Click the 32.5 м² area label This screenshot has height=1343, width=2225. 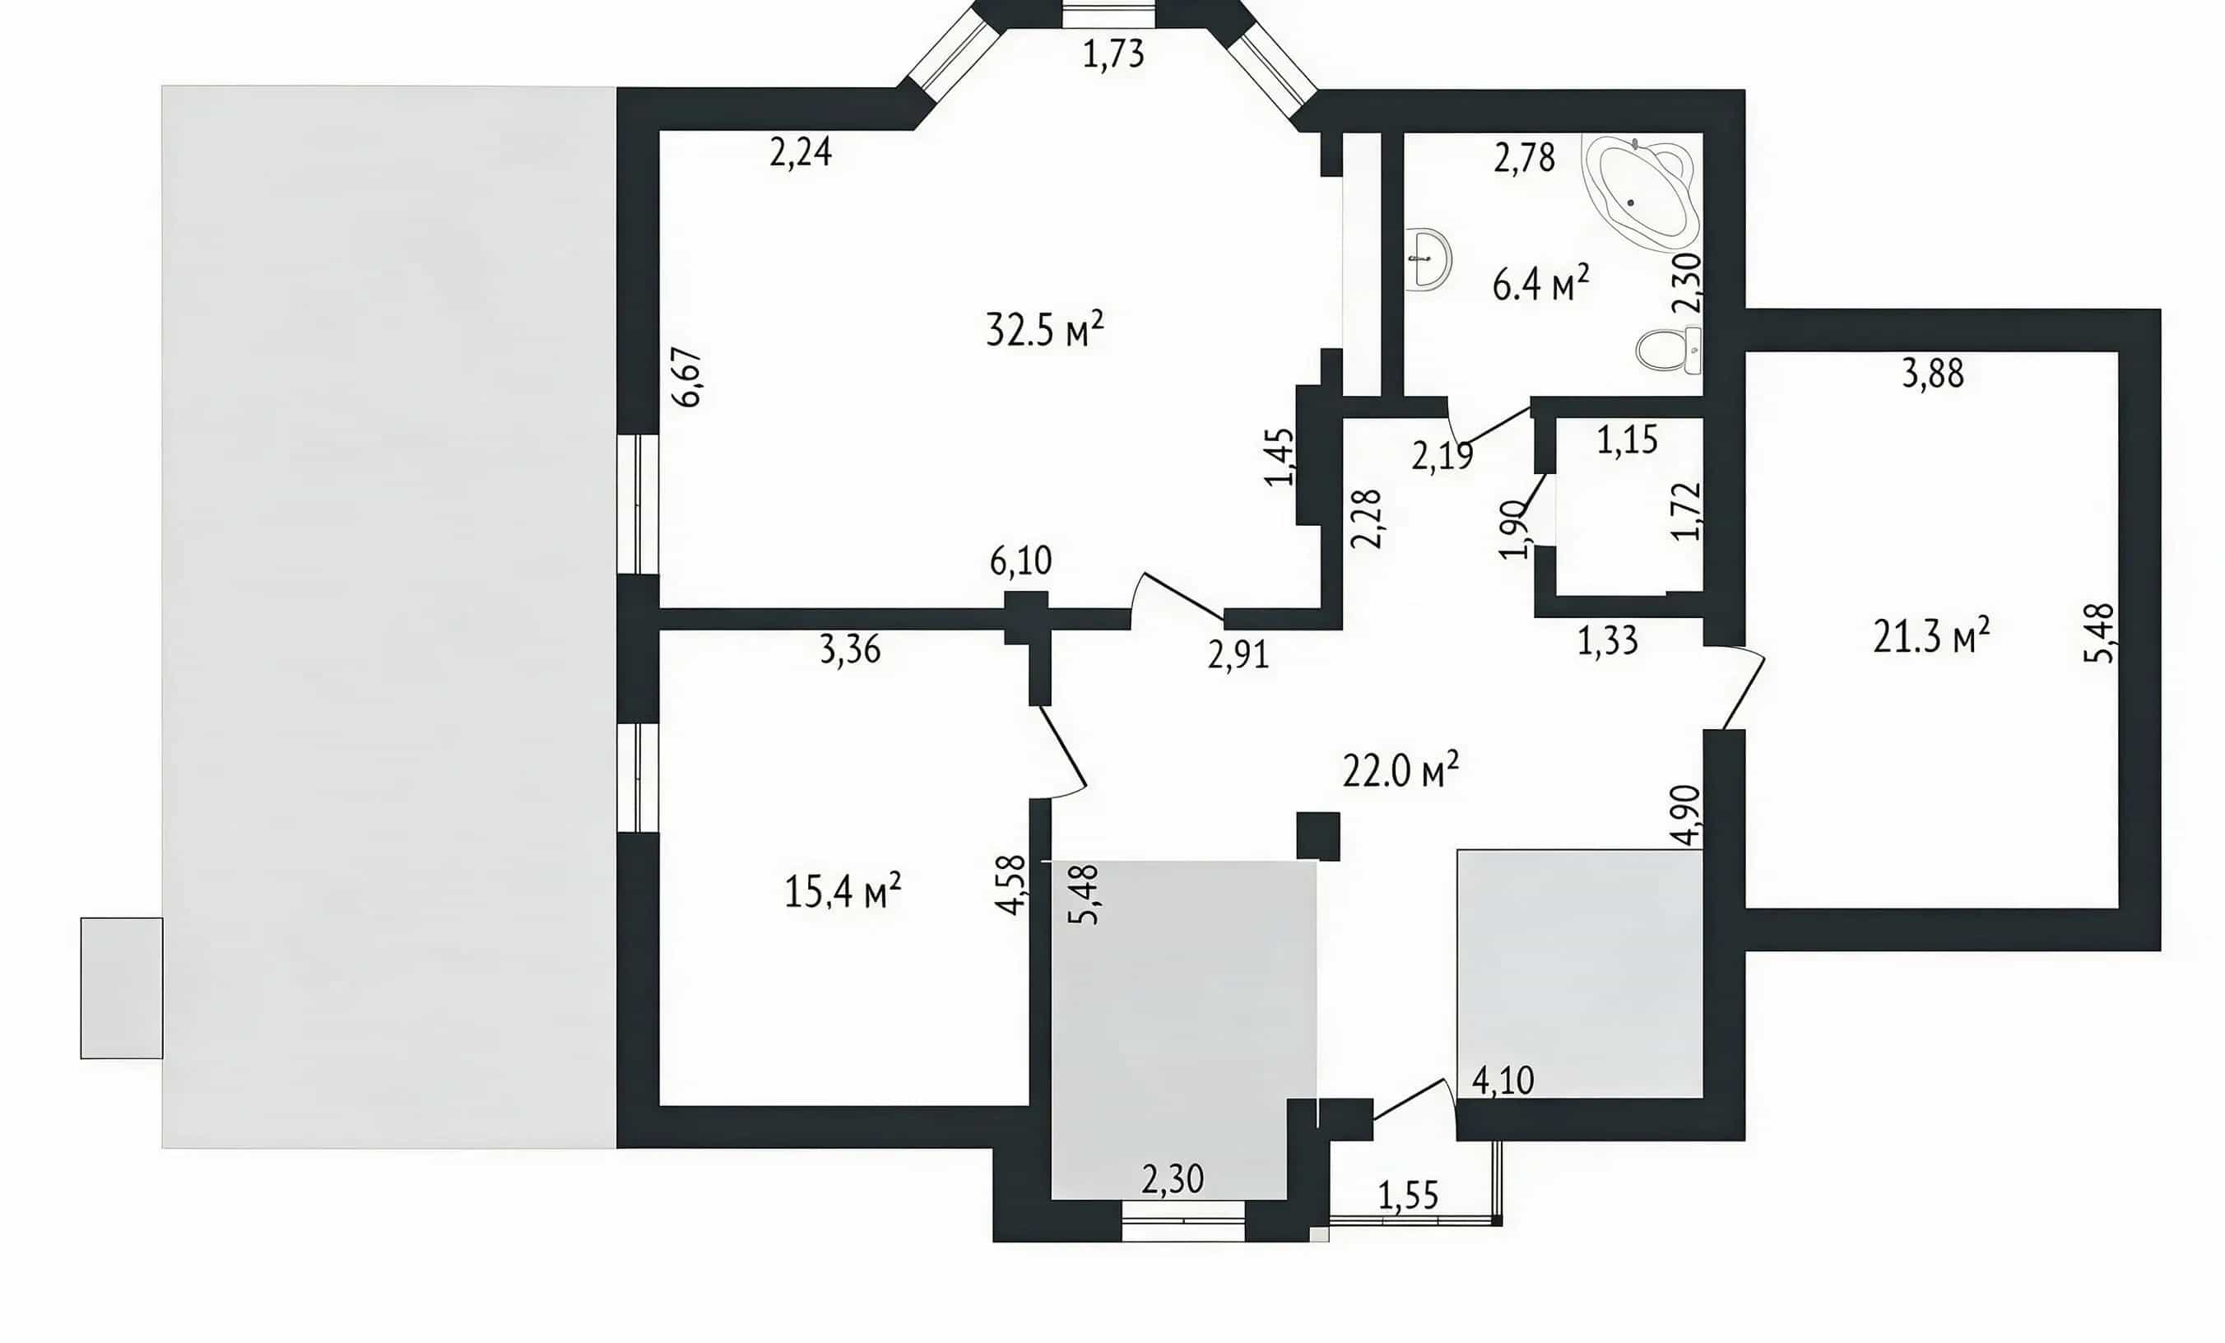coord(1045,330)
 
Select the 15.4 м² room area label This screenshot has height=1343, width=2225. coord(843,890)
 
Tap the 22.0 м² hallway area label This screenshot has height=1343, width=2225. coord(1400,770)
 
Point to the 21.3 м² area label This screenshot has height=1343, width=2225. coord(1931,637)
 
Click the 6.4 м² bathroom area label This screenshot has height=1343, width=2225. coord(1540,285)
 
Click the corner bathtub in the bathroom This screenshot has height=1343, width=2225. coord(1639,193)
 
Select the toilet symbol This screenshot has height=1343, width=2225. coord(1669,350)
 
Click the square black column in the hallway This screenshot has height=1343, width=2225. coord(1317,835)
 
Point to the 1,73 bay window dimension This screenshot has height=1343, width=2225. coord(1113,54)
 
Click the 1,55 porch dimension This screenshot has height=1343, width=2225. coord(1408,1196)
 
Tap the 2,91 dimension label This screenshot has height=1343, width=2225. coord(1238,655)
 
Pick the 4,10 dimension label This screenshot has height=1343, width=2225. coord(1503,1080)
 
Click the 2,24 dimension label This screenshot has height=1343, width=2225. coord(801,151)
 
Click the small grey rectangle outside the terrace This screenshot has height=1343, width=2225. coord(122,988)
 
